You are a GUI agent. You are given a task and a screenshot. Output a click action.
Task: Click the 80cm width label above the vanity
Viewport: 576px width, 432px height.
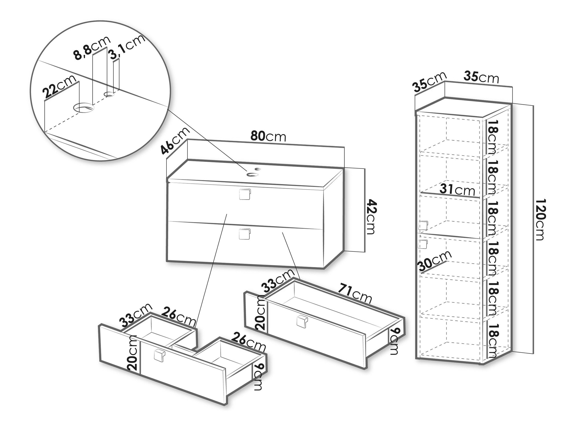click(268, 136)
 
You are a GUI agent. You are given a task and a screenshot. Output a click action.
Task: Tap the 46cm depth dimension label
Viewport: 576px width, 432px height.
click(175, 141)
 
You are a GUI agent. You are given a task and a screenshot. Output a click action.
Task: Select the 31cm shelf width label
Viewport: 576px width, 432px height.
click(457, 190)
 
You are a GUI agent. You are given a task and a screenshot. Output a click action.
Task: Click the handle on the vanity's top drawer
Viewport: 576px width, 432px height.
click(244, 194)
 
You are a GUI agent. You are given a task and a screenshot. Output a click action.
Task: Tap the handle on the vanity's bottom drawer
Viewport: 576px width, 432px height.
click(244, 234)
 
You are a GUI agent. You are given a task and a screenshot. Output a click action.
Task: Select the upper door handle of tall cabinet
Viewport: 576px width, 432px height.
click(423, 225)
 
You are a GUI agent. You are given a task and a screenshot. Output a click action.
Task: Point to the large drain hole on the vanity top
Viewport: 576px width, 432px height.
click(253, 174)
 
